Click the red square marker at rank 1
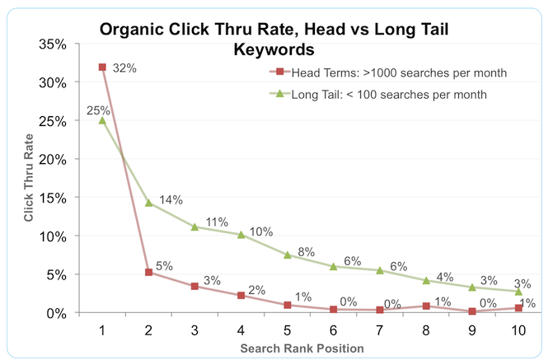[102, 67]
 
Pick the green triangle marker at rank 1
[102, 120]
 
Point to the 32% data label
[124, 68]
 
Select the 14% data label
[171, 199]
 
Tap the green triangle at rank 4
[241, 235]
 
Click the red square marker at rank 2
[148, 272]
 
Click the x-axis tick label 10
[518, 330]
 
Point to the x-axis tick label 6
[333, 330]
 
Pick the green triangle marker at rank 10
[518, 292]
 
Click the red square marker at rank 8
[425, 306]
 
